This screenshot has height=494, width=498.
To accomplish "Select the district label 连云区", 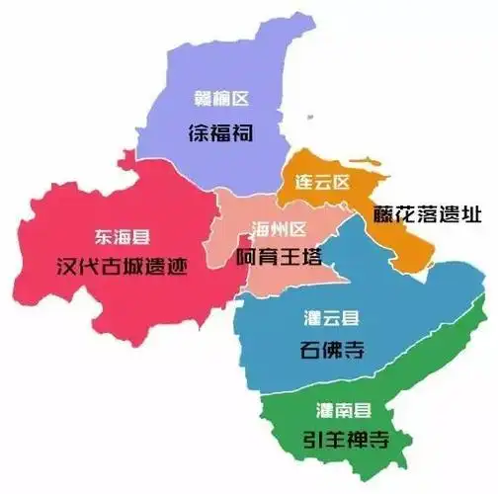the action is [x=322, y=182].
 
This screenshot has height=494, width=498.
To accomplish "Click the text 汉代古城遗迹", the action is [x=122, y=267].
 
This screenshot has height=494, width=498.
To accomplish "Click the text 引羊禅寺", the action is [x=345, y=440].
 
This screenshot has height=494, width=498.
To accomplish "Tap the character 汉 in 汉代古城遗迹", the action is [x=67, y=267].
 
